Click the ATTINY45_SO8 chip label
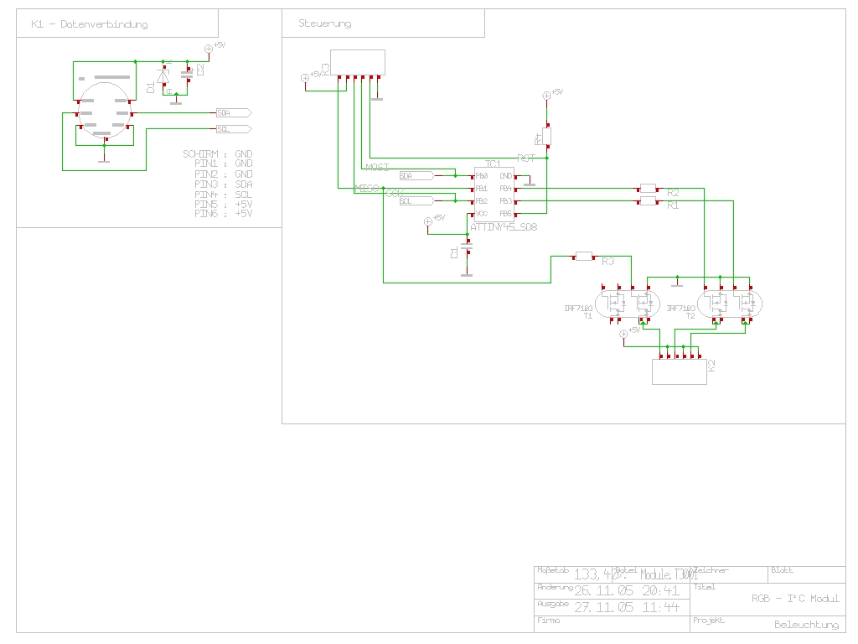click(503, 226)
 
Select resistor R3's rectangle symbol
click(584, 256)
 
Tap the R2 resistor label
click(673, 193)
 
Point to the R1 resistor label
click(673, 205)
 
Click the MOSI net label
click(377, 168)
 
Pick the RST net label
click(525, 158)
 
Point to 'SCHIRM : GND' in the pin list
click(217, 154)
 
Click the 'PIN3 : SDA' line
click(223, 184)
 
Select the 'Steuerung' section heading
click(324, 23)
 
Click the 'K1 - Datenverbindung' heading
click(89, 24)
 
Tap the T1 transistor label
click(587, 316)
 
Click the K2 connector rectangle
click(679, 371)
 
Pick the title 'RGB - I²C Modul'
click(794, 599)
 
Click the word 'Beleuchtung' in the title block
click(806, 625)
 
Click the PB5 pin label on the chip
click(505, 214)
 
